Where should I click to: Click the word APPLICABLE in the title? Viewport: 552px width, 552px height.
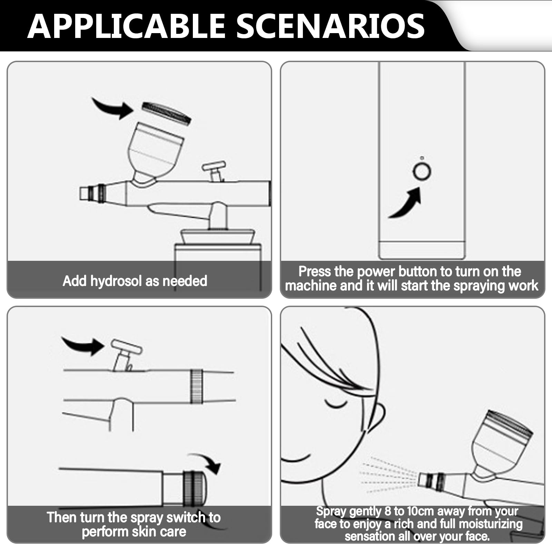(126, 26)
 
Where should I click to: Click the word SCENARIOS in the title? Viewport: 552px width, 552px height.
(331, 26)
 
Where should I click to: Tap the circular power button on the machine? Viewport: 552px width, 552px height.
(422, 171)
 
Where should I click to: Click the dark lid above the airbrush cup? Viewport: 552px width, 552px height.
(166, 113)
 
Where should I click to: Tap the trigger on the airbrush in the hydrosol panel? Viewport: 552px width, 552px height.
(214, 171)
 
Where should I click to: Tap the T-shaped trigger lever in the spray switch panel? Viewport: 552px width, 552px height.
(126, 354)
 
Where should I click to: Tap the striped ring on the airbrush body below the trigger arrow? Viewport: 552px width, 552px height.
(196, 386)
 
